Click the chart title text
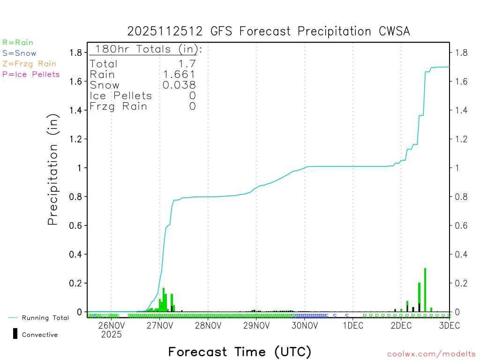tap(269, 31)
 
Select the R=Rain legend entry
tap(18, 43)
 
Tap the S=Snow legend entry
tap(19, 53)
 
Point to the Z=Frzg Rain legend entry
tap(29, 64)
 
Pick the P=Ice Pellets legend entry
tap(31, 74)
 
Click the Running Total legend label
tap(45, 318)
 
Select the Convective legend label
tap(40, 335)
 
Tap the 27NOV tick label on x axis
tap(160, 326)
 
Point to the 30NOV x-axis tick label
tap(305, 326)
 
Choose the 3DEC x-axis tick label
tap(449, 326)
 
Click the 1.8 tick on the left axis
tap(75, 52)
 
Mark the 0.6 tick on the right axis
tap(461, 225)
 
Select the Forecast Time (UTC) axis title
tap(240, 352)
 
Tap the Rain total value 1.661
tap(179, 75)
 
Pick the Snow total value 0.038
tap(179, 85)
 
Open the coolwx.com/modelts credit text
tap(431, 354)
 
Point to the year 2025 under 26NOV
tap(111, 335)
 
